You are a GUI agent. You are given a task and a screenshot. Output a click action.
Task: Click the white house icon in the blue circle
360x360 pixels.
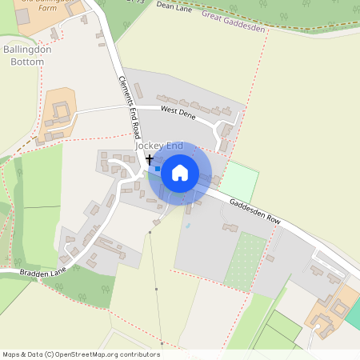180,172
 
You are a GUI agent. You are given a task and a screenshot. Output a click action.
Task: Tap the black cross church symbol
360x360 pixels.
149,160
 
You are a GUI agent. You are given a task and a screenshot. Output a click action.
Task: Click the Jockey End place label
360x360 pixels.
159,146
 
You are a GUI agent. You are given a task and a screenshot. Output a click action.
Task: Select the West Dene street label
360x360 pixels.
178,114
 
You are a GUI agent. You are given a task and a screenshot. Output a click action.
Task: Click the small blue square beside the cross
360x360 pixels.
158,169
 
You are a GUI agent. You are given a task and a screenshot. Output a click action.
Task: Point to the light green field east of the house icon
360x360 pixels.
239,181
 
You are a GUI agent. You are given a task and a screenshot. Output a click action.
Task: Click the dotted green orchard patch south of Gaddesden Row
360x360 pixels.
245,261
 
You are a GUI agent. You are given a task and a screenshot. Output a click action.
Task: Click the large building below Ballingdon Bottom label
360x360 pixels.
58,110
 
